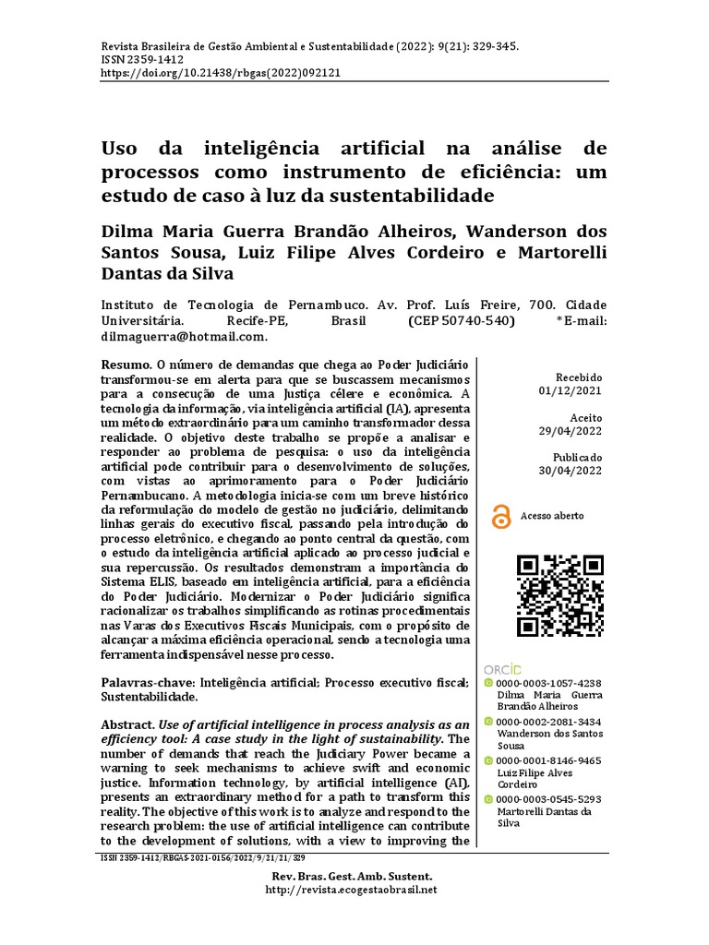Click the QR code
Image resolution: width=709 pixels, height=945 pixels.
(559, 595)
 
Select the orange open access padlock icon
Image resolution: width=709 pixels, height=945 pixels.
(501, 518)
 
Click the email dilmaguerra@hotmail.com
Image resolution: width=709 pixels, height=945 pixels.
(183, 337)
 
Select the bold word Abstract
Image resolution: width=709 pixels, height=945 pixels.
(128, 725)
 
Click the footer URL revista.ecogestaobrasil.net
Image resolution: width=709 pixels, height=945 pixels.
(350, 890)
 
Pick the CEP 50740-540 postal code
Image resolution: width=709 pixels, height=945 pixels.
(460, 321)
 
